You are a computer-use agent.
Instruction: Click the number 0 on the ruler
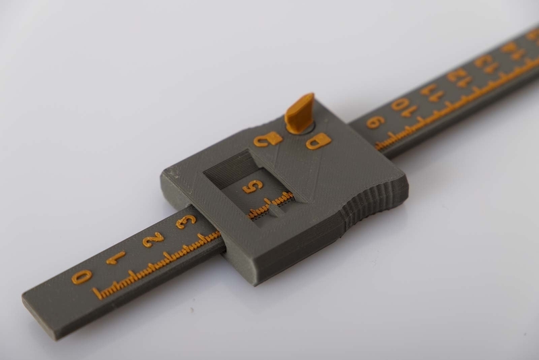[x=82, y=276]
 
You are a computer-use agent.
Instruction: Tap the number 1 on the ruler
[x=116, y=257]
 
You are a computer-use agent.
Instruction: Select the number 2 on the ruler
[x=154, y=237]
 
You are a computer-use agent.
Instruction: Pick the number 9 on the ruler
[x=375, y=122]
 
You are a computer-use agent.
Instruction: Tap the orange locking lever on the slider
[x=299, y=113]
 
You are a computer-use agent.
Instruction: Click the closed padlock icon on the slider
[x=318, y=142]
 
